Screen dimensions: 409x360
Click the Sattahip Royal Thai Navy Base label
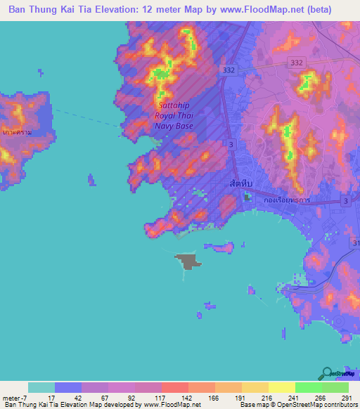pyautogui.click(x=174, y=117)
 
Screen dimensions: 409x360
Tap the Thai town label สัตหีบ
pyautogui.click(x=241, y=183)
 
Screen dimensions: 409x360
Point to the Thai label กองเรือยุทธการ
pyautogui.click(x=286, y=200)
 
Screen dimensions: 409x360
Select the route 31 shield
pyautogui.click(x=355, y=242)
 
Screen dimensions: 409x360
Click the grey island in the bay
pyautogui.click(x=188, y=261)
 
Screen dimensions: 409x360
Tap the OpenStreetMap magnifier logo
pyautogui.click(x=327, y=373)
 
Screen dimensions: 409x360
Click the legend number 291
pyautogui.click(x=345, y=397)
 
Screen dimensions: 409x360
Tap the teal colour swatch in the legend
pyautogui.click(x=41, y=387)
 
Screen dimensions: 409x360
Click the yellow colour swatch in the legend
pyautogui.click(x=282, y=387)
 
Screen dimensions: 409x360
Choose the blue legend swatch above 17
pyautogui.click(x=68, y=387)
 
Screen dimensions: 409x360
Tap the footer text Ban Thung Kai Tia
pyautogui.click(x=29, y=405)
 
